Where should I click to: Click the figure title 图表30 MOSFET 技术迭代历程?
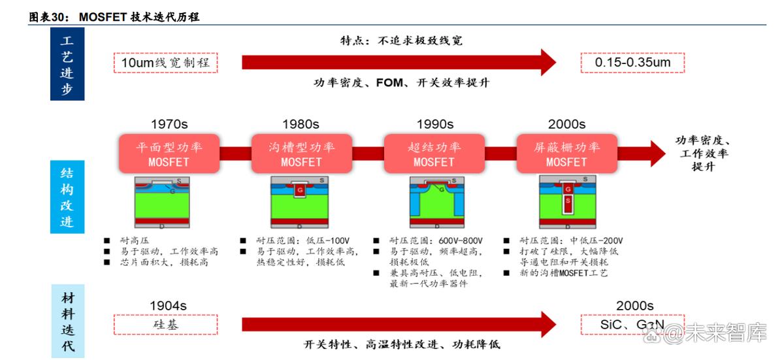(114, 18)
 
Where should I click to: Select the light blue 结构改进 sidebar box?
(67, 197)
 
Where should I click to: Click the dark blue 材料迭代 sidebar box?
(67, 322)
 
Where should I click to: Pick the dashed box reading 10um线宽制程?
(165, 63)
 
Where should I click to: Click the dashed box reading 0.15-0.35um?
(633, 63)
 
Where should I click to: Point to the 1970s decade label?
(169, 124)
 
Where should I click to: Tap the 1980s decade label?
(301, 124)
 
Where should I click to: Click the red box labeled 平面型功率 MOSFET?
(169, 154)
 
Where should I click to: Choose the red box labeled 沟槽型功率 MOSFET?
(301, 154)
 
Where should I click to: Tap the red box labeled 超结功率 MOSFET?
(434, 154)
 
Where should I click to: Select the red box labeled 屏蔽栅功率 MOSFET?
(566, 154)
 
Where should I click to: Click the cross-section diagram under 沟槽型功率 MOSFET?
(301, 202)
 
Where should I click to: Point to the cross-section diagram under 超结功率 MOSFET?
(433, 202)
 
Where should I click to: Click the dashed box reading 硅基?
(165, 324)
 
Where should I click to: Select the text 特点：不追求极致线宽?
(401, 41)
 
